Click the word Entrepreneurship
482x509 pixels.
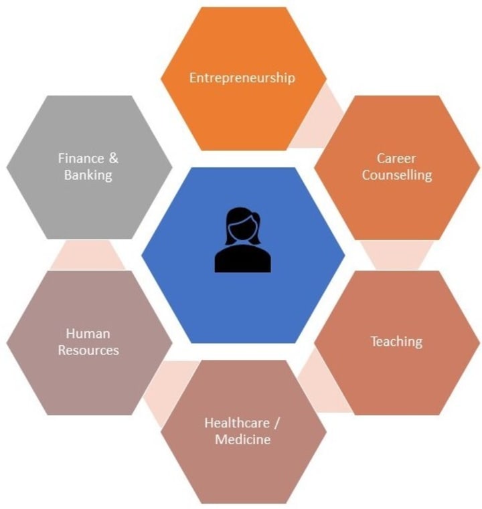(x=242, y=78)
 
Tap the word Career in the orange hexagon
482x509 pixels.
(x=396, y=159)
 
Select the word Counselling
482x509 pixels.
(x=396, y=176)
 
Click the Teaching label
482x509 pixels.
(x=396, y=341)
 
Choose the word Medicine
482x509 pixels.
(x=242, y=439)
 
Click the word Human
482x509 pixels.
(x=88, y=333)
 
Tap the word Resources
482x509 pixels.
(x=88, y=350)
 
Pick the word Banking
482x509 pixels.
(x=88, y=176)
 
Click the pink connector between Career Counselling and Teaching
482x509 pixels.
(x=396, y=254)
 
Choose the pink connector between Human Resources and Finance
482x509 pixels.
(x=88, y=254)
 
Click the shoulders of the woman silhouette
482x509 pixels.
(x=242, y=261)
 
